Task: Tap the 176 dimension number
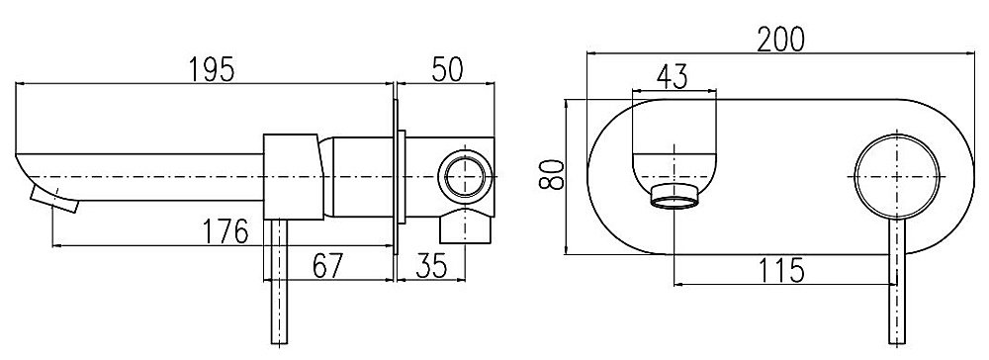click(x=225, y=232)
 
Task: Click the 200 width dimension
click(x=781, y=40)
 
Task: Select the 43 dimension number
click(x=672, y=76)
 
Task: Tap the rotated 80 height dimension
click(x=551, y=175)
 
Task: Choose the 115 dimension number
click(x=781, y=270)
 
